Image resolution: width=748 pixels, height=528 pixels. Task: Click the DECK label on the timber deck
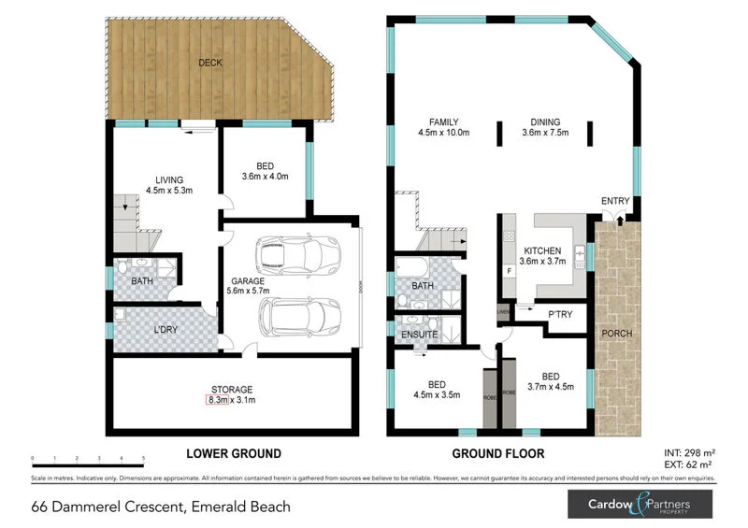209,64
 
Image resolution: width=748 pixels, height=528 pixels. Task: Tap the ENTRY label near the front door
615,201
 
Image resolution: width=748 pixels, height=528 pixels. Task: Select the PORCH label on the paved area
618,334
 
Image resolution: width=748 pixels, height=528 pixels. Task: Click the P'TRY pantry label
560,314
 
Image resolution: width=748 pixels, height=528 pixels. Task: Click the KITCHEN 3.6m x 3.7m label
542,257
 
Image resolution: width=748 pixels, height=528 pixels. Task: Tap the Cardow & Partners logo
640,505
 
